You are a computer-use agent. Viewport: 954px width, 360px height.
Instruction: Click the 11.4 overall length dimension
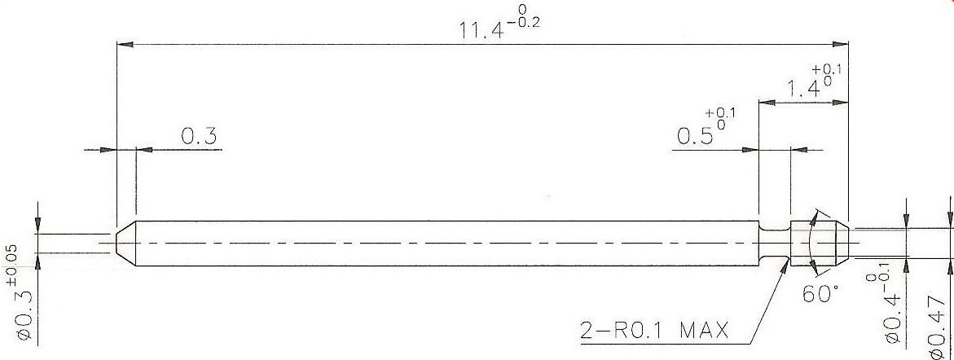click(480, 28)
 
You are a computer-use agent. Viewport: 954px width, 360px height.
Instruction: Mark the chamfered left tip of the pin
click(125, 242)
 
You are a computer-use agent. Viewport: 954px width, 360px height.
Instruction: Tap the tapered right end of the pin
click(835, 242)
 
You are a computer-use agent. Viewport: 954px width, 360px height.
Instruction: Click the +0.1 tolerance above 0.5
click(721, 114)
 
